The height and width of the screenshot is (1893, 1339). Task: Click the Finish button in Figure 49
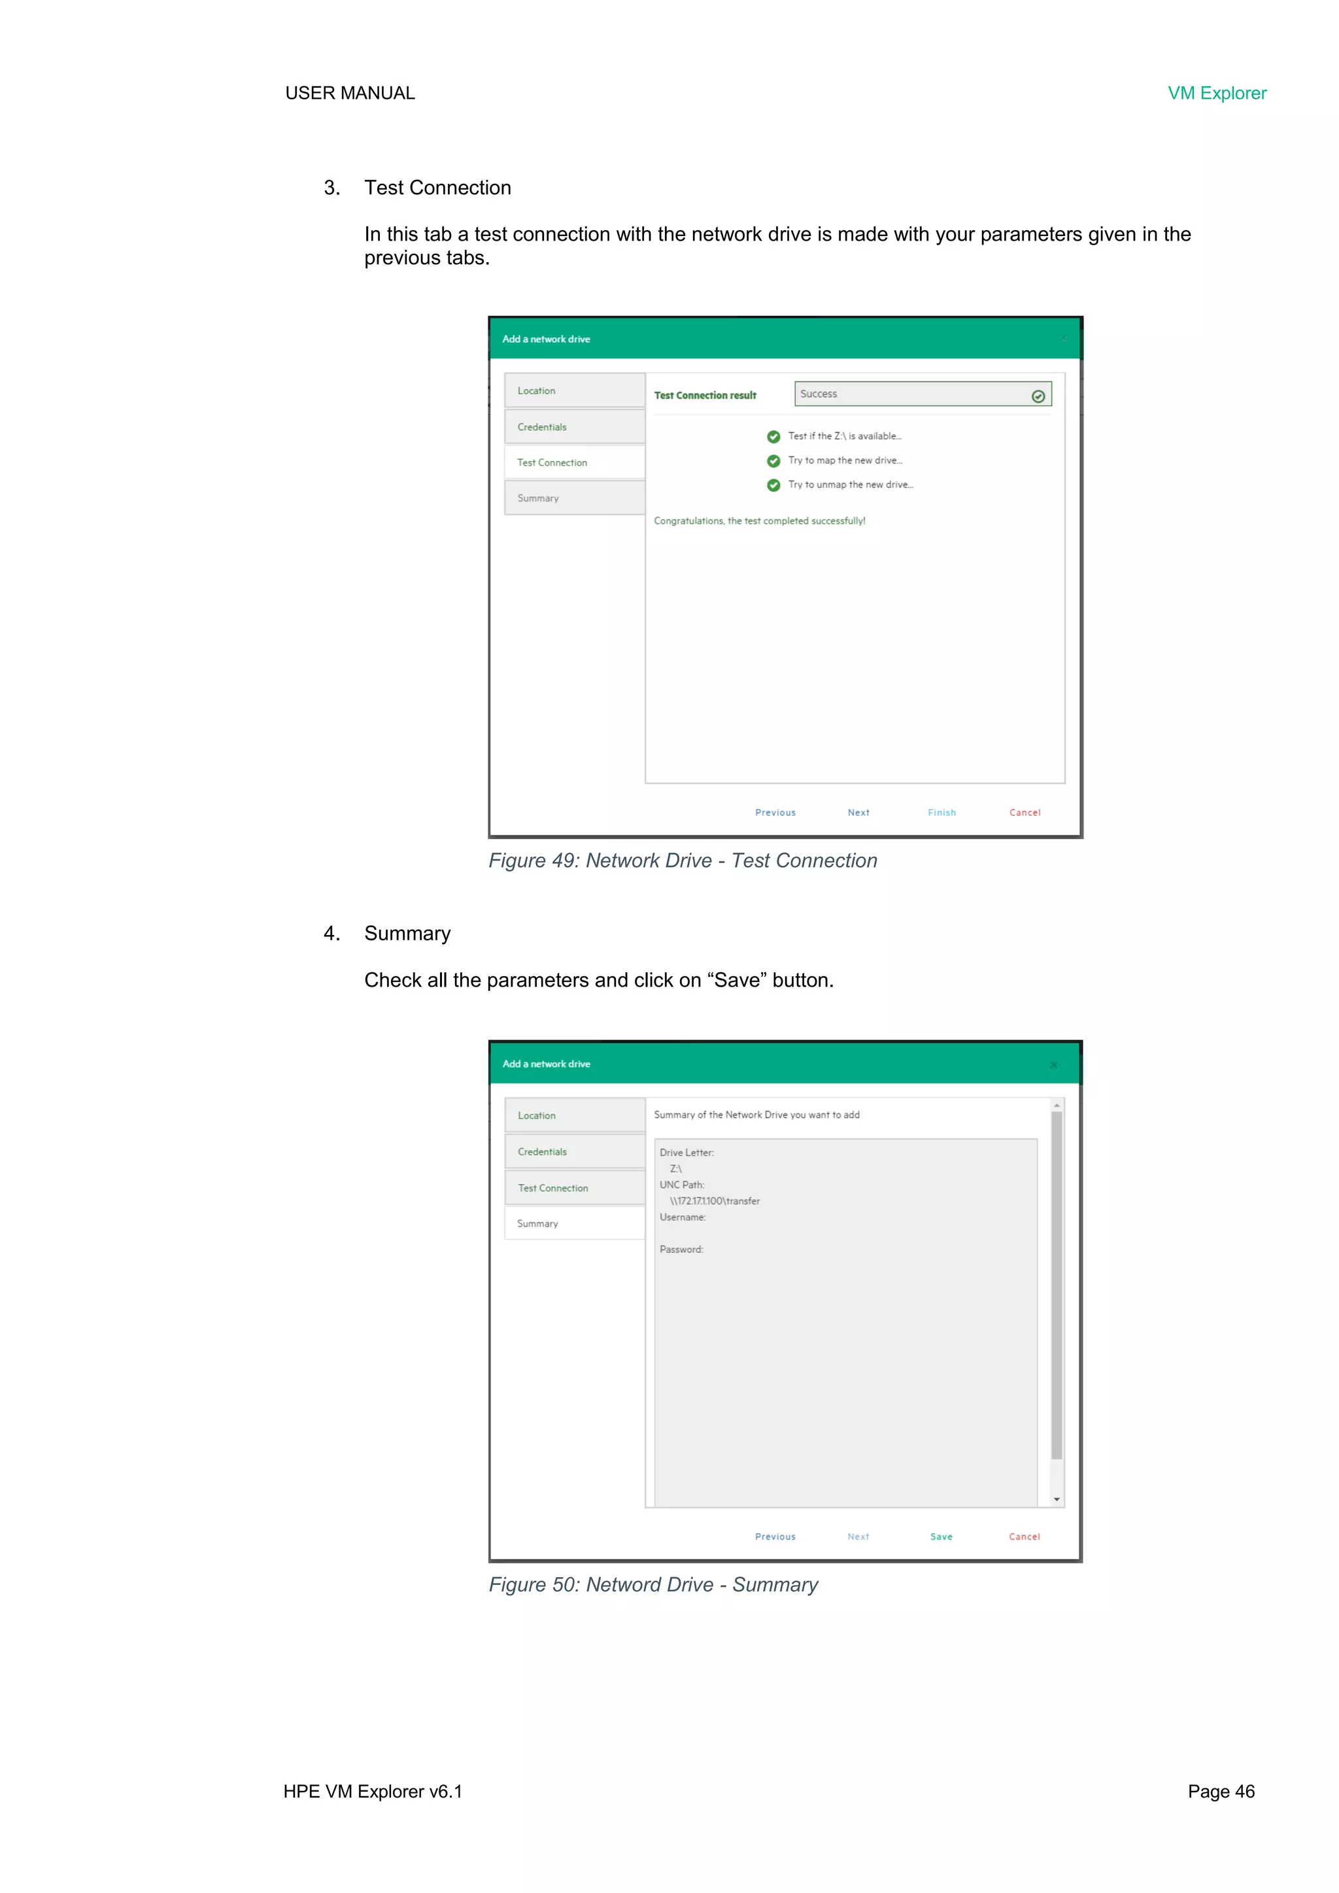coord(941,812)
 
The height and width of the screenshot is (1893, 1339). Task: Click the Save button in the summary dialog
coord(941,1537)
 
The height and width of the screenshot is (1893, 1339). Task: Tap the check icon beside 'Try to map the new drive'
coord(773,461)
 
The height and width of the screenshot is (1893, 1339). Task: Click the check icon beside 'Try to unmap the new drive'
coord(773,486)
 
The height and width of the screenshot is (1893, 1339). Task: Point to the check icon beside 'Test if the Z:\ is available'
coord(773,437)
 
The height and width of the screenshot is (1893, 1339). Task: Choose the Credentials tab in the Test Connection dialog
coord(575,427)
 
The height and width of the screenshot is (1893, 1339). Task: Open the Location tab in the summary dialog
coord(575,1116)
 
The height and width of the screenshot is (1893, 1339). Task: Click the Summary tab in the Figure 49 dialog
coord(575,498)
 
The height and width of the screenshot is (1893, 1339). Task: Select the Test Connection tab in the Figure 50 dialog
coord(575,1188)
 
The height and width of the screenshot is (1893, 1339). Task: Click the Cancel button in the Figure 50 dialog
coord(1024,1537)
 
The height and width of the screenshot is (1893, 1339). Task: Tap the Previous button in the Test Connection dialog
coord(775,812)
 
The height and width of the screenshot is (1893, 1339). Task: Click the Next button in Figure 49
coord(858,812)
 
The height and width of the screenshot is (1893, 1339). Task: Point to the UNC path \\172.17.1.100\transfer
coord(715,1201)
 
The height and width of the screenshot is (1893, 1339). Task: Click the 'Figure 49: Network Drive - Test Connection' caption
coord(683,861)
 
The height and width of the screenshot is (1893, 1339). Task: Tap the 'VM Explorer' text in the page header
coord(1216,93)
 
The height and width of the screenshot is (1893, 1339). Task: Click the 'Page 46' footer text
coord(1220,1792)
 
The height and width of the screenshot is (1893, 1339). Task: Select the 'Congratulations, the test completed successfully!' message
coord(759,521)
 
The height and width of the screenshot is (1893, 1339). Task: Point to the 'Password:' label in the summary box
coord(681,1250)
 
